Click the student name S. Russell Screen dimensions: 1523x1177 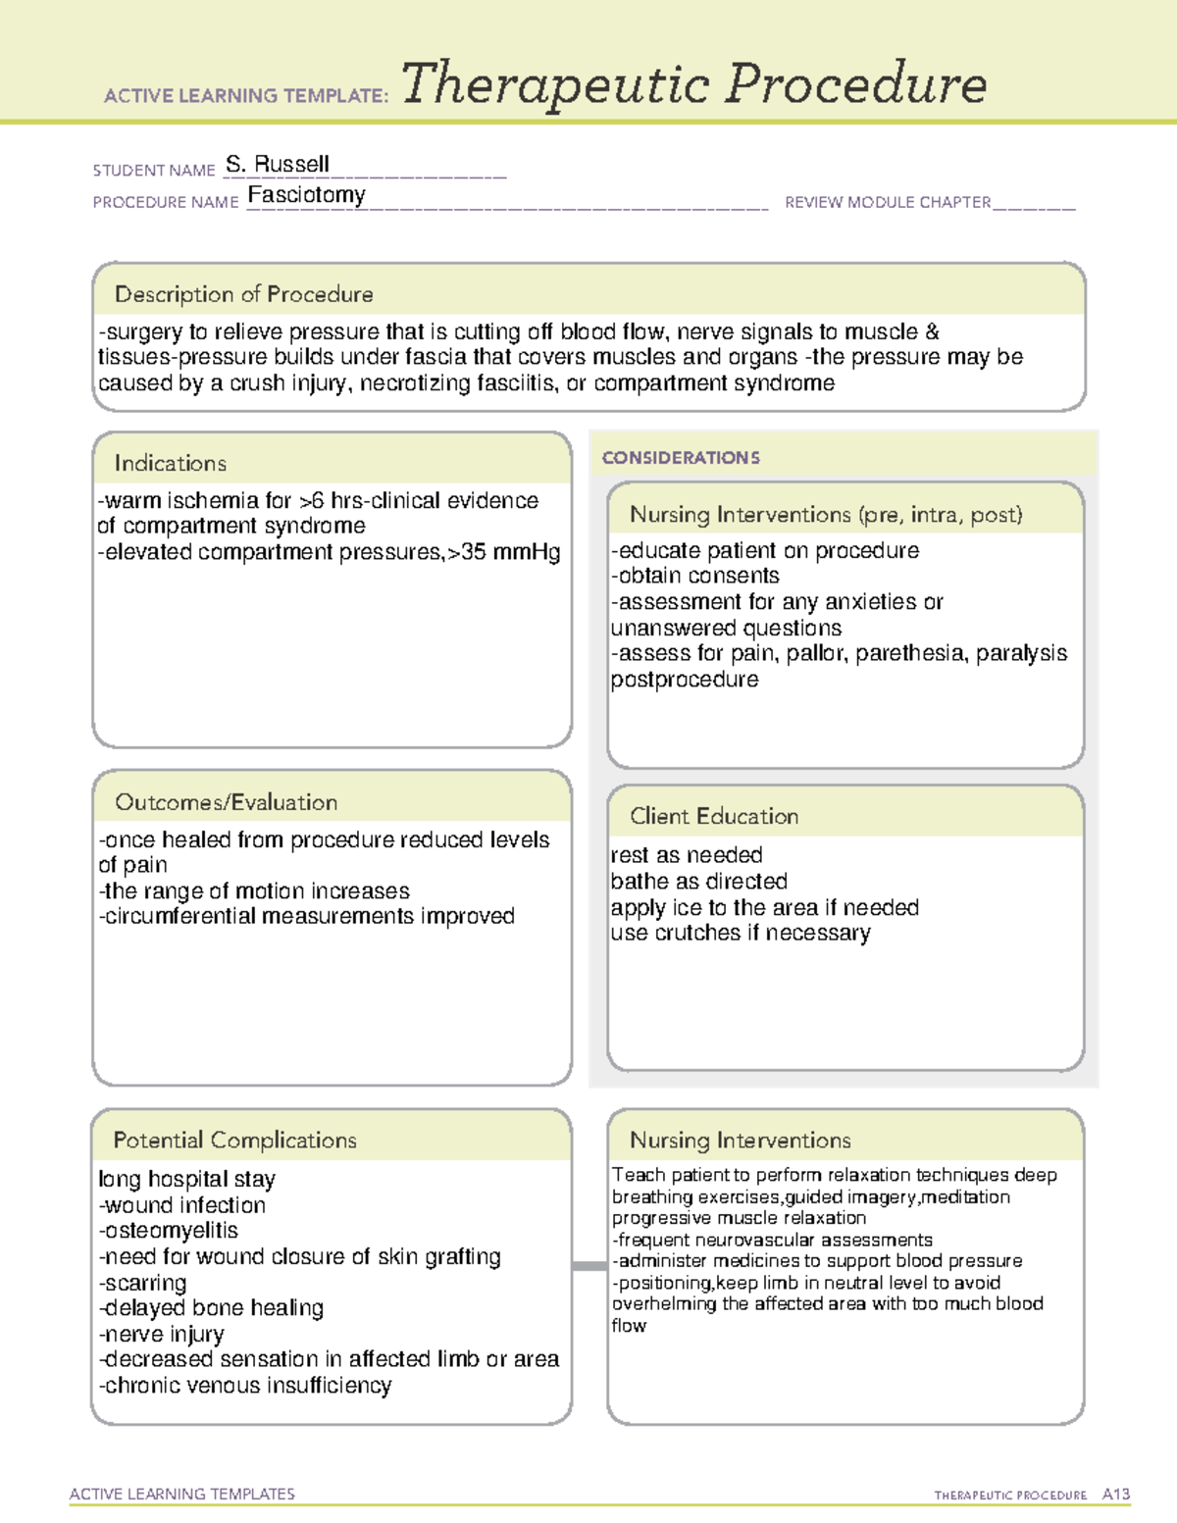[278, 164]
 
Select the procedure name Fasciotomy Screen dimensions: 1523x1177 [306, 195]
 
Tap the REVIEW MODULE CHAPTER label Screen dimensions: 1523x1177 [888, 202]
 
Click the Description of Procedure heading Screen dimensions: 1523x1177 [243, 294]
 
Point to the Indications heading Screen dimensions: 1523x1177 [170, 463]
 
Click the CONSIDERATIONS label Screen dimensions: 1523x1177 [681, 458]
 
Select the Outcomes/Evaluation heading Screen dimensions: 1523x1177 [226, 802]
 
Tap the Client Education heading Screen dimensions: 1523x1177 [714, 816]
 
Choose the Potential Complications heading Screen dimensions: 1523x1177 [234, 1140]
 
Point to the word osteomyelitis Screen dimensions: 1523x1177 [171, 1231]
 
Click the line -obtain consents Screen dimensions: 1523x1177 [695, 576]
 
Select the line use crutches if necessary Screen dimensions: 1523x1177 [741, 933]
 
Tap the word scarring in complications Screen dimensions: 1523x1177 [145, 1283]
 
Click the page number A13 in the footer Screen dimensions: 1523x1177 [1115, 1495]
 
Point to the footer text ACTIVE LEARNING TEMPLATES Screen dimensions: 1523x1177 [182, 1494]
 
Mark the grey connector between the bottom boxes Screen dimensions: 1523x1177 [589, 1266]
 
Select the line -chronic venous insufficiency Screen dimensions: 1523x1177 [245, 1386]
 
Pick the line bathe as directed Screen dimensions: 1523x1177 [698, 881]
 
